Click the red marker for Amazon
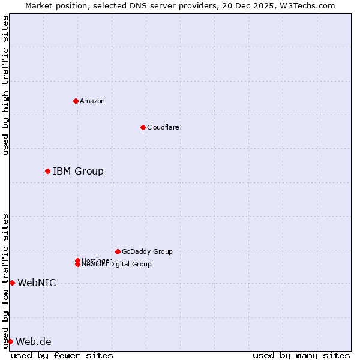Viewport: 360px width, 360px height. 76,101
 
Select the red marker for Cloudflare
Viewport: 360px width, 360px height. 143,127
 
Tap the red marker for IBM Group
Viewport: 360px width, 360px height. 47,172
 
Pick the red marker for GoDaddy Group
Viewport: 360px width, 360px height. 118,251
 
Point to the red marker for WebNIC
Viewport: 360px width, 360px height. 12,283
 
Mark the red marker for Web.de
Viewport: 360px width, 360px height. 10,341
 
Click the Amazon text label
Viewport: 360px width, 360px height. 92,101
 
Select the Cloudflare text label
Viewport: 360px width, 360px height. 163,127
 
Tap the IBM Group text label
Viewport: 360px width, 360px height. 78,172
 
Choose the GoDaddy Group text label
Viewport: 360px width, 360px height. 147,251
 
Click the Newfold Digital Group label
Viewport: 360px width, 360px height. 117,265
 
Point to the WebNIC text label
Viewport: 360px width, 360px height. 37,283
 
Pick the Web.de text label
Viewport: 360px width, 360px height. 34,342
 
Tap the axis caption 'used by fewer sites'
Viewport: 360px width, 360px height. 62,355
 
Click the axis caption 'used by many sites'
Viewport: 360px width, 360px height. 301,355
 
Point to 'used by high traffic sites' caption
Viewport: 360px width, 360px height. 5,85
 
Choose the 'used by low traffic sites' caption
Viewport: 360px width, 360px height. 5,281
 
